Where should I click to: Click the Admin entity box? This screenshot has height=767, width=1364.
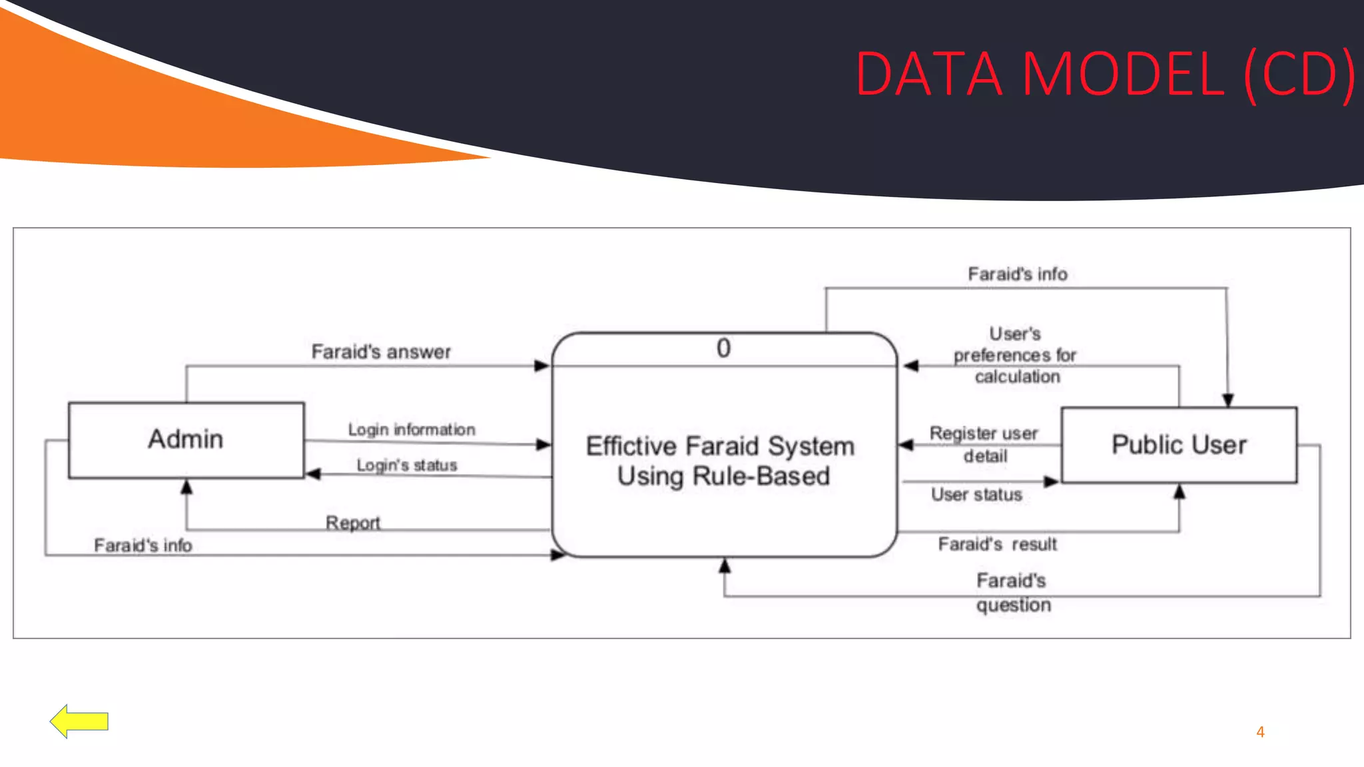click(x=186, y=439)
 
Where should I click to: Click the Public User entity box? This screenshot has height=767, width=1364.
click(x=1178, y=445)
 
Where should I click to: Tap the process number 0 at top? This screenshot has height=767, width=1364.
click(x=723, y=348)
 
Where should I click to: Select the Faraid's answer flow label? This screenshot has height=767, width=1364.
click(x=381, y=352)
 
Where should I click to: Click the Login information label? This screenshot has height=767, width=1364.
click(x=412, y=429)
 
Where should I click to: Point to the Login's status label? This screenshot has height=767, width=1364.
click(x=407, y=465)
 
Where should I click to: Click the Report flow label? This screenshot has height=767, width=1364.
click(x=352, y=522)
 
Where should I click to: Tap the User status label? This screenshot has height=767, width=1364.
click(x=976, y=494)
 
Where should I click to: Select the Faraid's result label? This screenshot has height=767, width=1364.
click(x=997, y=544)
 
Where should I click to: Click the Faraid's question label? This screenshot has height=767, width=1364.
click(x=1012, y=593)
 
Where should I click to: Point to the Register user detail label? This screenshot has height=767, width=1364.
click(x=984, y=444)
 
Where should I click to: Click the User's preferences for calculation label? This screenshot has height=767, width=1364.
click(x=1016, y=355)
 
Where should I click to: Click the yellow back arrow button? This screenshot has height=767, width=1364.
click(x=79, y=721)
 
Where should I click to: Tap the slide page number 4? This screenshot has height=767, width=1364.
click(x=1260, y=732)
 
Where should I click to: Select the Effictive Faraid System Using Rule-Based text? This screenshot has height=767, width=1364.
click(x=721, y=461)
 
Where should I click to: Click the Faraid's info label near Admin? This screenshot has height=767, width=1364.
click(x=143, y=545)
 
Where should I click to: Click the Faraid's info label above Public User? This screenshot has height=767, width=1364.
click(x=1017, y=274)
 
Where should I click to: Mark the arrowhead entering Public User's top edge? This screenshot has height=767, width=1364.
click(x=1228, y=400)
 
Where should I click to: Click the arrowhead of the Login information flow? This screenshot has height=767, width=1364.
click(x=543, y=444)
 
